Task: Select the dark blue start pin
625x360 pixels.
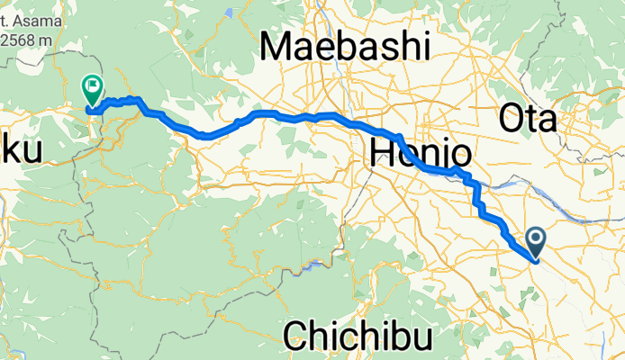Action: pos(536,239)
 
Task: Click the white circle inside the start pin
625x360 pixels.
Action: pos(536,238)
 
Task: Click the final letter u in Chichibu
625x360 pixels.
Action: pos(422,337)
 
